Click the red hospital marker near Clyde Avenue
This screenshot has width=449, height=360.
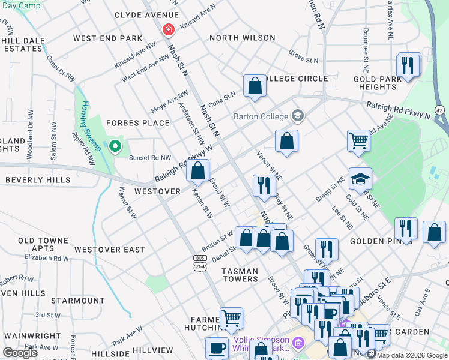click(169, 29)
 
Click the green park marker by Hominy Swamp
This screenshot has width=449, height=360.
click(115, 146)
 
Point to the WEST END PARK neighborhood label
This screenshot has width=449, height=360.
click(108, 38)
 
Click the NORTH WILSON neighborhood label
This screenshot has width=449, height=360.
click(243, 38)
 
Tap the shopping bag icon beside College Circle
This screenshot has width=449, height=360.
click(255, 86)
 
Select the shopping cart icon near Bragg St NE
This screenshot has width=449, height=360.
click(358, 141)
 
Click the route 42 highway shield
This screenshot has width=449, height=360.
click(439, 110)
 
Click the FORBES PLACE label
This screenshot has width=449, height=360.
click(138, 123)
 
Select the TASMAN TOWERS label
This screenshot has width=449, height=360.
click(240, 275)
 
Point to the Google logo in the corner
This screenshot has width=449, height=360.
click(20, 353)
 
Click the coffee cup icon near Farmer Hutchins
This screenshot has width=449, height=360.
click(217, 348)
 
